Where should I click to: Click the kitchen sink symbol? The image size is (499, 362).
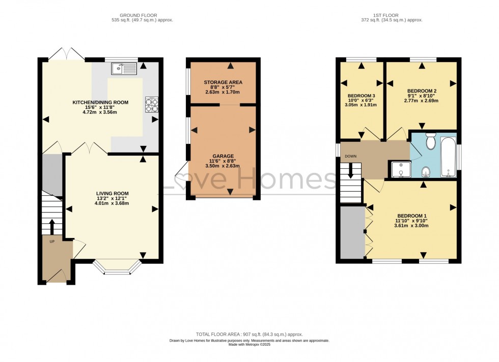click(124, 69)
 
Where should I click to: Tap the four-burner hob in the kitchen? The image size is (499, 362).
click(152, 105)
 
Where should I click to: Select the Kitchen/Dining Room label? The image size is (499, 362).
click(100, 102)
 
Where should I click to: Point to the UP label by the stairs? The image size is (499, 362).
click(52, 242)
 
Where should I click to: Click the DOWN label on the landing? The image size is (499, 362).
click(351, 157)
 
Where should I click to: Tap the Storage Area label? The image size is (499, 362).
click(223, 82)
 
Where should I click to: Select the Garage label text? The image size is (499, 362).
click(223, 156)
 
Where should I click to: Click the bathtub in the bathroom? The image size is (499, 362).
click(449, 157)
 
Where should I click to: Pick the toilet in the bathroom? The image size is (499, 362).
click(431, 141)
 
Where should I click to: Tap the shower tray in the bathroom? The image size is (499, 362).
click(401, 169)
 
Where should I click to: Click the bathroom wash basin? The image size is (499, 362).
click(426, 172)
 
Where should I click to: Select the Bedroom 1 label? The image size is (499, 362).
click(412, 216)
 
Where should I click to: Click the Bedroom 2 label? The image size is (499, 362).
click(422, 91)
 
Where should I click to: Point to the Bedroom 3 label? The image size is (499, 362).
click(361, 96)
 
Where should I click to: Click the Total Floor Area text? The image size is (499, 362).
click(249, 335)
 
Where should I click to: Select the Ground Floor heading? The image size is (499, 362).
click(138, 15)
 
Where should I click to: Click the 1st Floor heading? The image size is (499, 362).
click(386, 15)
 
